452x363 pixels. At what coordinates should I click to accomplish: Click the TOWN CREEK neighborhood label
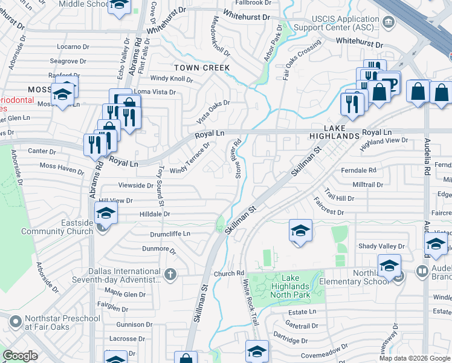pos(202,67)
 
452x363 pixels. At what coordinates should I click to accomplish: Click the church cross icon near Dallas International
pos(171,274)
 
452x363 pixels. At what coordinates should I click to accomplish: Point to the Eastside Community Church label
pos(57,227)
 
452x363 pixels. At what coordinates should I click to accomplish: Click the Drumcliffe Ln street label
pos(170,234)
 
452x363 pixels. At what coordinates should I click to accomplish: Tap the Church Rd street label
pos(228,273)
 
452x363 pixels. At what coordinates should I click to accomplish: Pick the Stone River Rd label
pos(237,159)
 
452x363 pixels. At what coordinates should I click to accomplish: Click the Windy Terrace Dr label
pos(190,158)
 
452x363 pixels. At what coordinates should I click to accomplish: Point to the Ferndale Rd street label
pos(358,171)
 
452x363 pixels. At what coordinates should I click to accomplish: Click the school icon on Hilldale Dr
pos(105,212)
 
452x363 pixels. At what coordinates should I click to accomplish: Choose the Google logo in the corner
pos(20,356)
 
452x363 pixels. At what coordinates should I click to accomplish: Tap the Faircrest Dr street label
pos(328,212)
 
